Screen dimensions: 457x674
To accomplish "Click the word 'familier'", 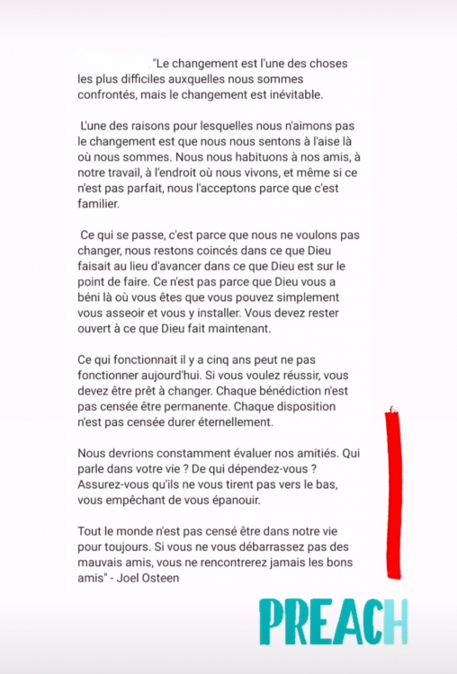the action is (x=97, y=205).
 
